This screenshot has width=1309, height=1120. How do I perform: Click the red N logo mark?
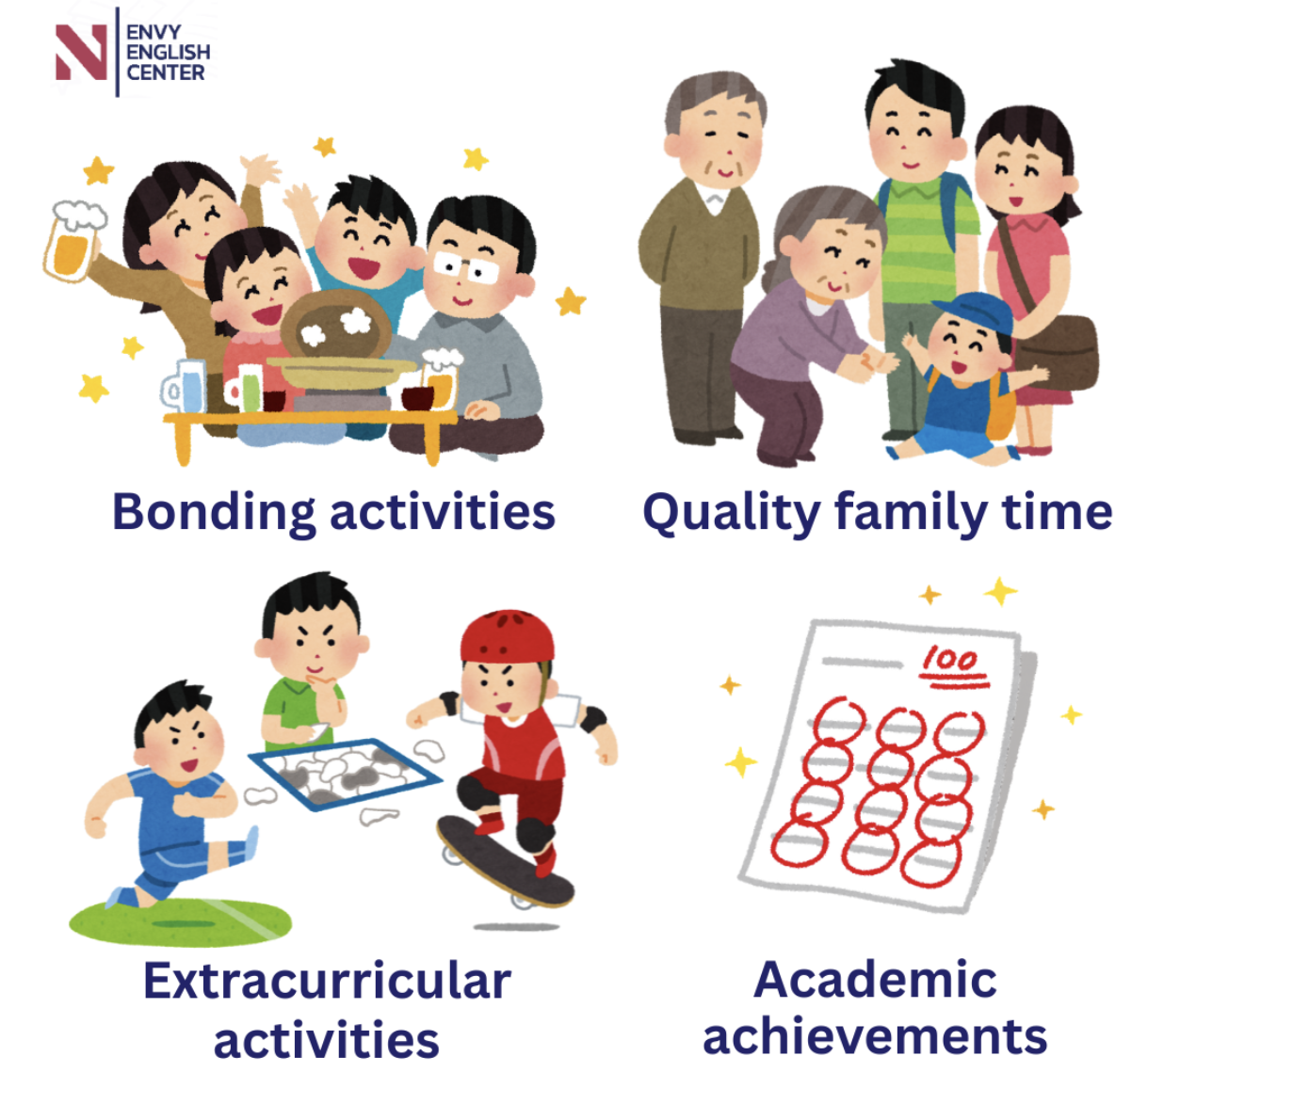(81, 53)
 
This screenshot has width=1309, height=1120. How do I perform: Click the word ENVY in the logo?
(154, 32)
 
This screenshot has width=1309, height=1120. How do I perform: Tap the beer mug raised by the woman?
(73, 240)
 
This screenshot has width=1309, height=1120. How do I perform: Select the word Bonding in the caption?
(214, 513)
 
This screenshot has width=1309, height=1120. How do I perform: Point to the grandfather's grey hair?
(715, 98)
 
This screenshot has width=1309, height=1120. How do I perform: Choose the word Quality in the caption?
(732, 513)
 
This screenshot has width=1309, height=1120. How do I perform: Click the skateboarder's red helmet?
(508, 636)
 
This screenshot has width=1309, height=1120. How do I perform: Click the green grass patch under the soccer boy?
(181, 922)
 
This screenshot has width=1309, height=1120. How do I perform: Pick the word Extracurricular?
(328, 982)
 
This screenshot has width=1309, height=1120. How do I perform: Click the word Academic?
(875, 980)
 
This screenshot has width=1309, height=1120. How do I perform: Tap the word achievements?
(875, 1038)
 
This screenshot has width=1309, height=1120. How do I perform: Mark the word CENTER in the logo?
(166, 72)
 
